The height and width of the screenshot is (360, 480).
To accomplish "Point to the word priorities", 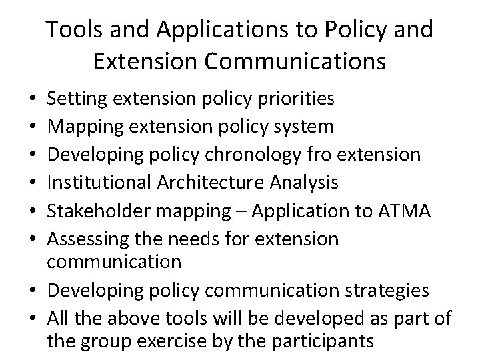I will pos(296,99).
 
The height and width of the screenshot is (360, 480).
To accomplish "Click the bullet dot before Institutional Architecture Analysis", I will pos(33,182).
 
